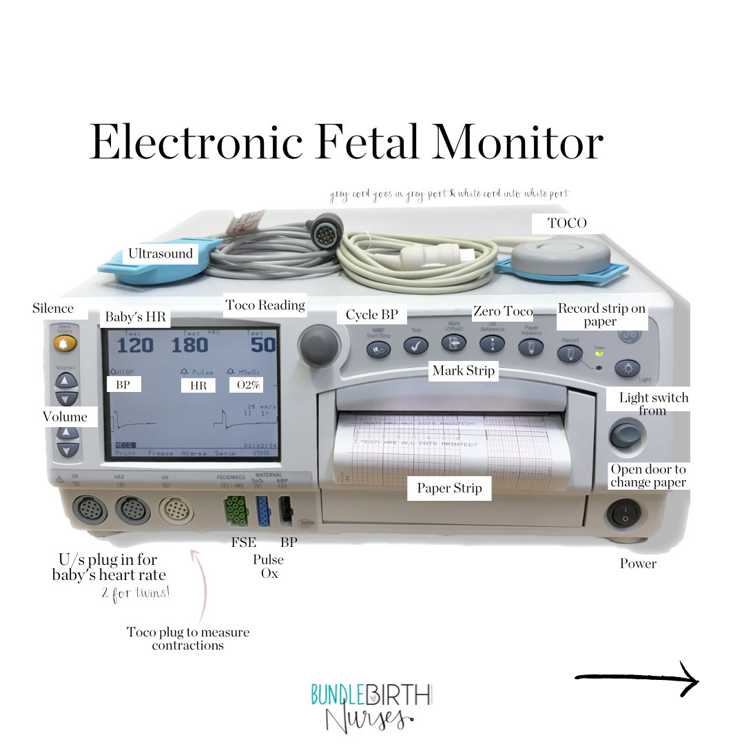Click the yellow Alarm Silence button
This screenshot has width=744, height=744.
66,342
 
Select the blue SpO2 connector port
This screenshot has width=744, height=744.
263,510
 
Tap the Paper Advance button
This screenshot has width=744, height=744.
531,348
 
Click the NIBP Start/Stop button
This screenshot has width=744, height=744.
378,348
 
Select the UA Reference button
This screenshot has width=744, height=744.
492,347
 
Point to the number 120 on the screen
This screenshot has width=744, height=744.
135,345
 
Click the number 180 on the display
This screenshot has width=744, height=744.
190,345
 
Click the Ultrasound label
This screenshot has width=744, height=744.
161,254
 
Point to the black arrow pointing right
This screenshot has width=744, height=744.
637,679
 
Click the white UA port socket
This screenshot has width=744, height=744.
176,510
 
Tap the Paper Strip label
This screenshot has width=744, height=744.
449,488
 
